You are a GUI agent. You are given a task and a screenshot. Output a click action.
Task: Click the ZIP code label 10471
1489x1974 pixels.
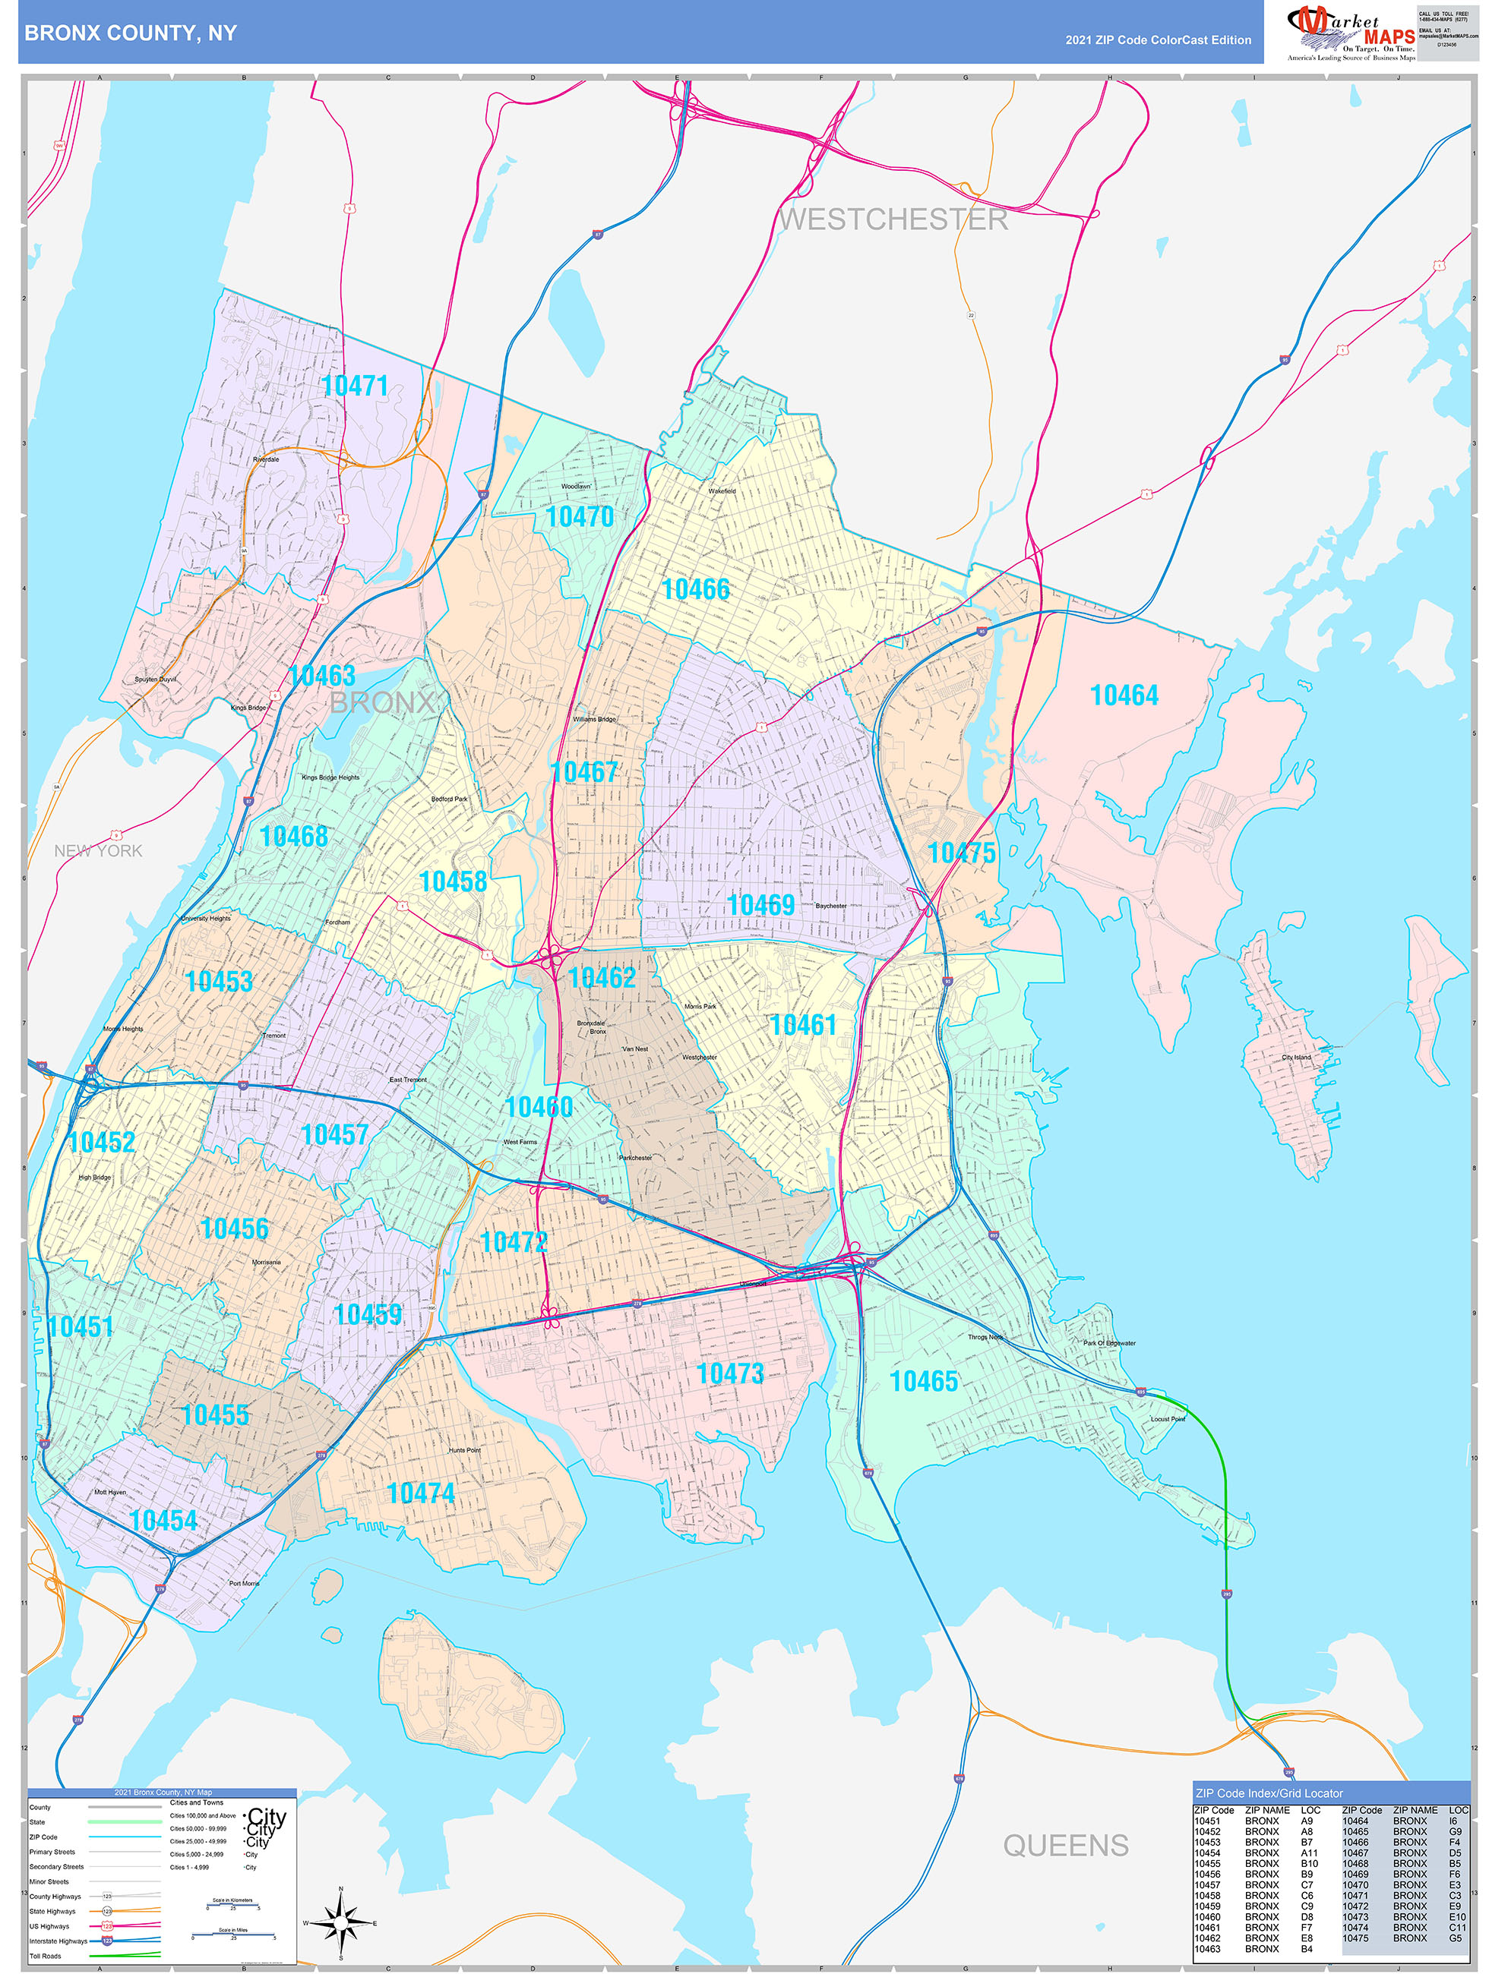[354, 386]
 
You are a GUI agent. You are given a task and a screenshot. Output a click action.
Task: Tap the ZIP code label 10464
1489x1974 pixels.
[1124, 695]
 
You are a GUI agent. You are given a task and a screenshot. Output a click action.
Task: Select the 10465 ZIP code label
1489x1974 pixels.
[923, 1382]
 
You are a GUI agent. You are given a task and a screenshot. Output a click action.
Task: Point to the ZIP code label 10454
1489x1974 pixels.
[163, 1521]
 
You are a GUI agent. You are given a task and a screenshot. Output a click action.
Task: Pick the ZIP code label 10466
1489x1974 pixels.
[695, 589]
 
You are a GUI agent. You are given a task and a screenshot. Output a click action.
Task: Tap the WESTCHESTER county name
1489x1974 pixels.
[893, 219]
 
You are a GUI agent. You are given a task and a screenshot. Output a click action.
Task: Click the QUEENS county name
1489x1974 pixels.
[1065, 1845]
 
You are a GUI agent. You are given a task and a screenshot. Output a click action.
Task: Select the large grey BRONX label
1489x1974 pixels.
[382, 702]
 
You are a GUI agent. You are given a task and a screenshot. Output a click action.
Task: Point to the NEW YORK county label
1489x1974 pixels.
[98, 850]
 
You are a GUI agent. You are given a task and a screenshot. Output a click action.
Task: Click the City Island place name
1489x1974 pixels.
[1296, 1058]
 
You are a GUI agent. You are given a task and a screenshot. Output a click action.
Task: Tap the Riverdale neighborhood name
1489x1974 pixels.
[266, 459]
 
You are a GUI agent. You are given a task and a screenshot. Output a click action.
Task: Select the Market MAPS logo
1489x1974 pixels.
[1351, 32]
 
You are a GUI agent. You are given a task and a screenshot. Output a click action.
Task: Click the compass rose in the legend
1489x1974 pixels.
[340, 1922]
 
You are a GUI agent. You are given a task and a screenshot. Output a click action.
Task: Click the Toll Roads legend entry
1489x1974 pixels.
[46, 1956]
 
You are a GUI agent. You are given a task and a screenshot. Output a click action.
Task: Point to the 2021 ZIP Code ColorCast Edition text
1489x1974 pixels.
[1158, 40]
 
